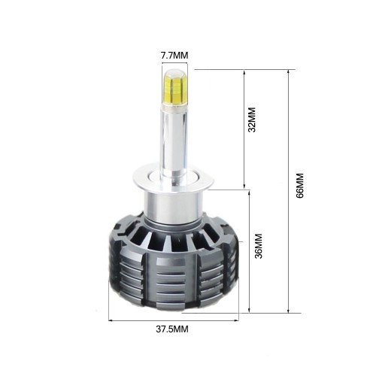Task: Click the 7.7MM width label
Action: click(174, 55)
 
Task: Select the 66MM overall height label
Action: click(299, 186)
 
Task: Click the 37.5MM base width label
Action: click(173, 329)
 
